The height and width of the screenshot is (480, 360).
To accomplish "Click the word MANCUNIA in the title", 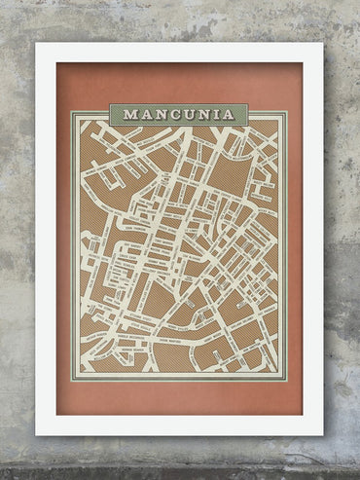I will click(179, 114).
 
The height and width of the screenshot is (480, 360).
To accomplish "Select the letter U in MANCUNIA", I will click(186, 114).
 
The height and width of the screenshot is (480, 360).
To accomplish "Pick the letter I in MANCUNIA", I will click(215, 114).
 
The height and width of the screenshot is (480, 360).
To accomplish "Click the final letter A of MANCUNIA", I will click(228, 114).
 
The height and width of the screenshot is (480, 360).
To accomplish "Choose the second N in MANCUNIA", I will click(201, 114).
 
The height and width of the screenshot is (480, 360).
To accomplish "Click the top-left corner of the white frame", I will click(37, 44).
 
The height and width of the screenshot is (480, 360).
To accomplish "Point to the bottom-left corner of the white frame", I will click(37, 434).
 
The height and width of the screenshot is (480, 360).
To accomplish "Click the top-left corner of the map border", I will click(72, 112).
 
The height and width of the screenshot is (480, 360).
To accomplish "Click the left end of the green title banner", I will click(111, 114).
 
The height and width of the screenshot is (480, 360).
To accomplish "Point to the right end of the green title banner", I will click(247, 114).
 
